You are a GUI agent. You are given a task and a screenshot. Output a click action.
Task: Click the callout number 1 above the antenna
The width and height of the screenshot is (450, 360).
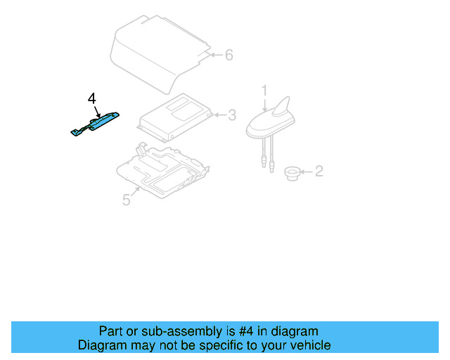tap(265, 90)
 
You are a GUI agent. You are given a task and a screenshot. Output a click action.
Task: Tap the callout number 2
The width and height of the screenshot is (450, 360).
tap(319, 171)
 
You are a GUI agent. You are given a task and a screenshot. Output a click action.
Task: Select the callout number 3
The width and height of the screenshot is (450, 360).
tap(232, 115)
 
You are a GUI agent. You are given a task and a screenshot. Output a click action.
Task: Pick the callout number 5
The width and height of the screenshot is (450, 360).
tap(126, 200)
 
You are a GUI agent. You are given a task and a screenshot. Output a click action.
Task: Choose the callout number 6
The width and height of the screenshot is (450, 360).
tap(229, 55)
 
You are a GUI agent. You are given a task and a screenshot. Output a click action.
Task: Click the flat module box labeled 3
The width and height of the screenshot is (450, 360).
tap(176, 116)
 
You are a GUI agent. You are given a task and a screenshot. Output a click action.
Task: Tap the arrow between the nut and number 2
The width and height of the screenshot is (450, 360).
tap(305, 171)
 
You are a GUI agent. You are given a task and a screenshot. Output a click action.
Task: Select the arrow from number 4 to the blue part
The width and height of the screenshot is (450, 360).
tap(96, 109)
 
